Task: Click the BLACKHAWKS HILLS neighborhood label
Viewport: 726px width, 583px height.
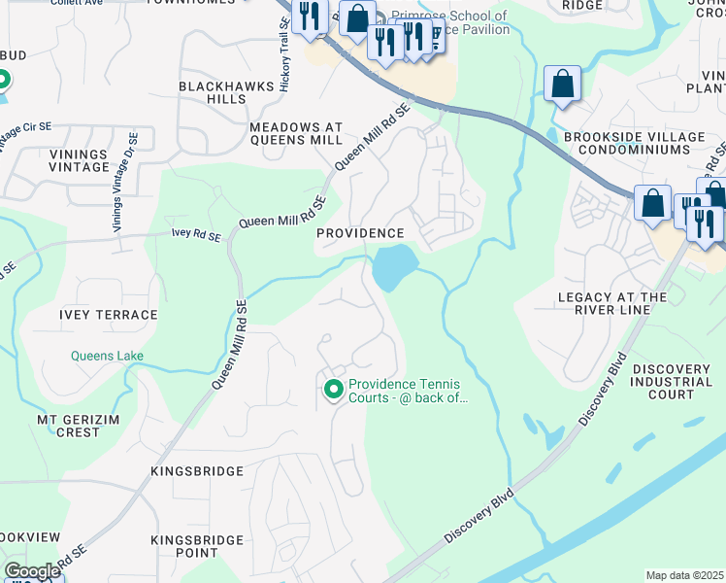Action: pos(213,92)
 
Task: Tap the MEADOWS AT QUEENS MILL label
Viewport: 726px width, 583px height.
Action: pos(296,133)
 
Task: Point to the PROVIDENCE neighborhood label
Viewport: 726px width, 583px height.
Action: pos(360,233)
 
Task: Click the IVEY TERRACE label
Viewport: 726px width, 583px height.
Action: pos(108,315)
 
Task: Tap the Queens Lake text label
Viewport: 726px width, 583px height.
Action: pos(107,356)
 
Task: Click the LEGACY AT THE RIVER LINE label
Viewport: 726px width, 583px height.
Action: pos(612,303)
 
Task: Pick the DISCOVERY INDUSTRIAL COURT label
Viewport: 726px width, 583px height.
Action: pos(672,382)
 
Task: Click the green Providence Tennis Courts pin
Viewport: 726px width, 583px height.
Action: pos(334,390)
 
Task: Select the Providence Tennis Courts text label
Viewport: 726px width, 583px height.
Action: pos(408,391)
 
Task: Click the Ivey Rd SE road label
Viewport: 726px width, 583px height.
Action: pos(196,236)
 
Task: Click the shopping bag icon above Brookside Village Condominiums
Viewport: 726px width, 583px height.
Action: pos(562,84)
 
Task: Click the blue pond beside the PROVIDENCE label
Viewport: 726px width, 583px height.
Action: pos(394,266)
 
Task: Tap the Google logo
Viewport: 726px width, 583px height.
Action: pos(32,571)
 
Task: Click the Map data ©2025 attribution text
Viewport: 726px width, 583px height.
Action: pos(683,575)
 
